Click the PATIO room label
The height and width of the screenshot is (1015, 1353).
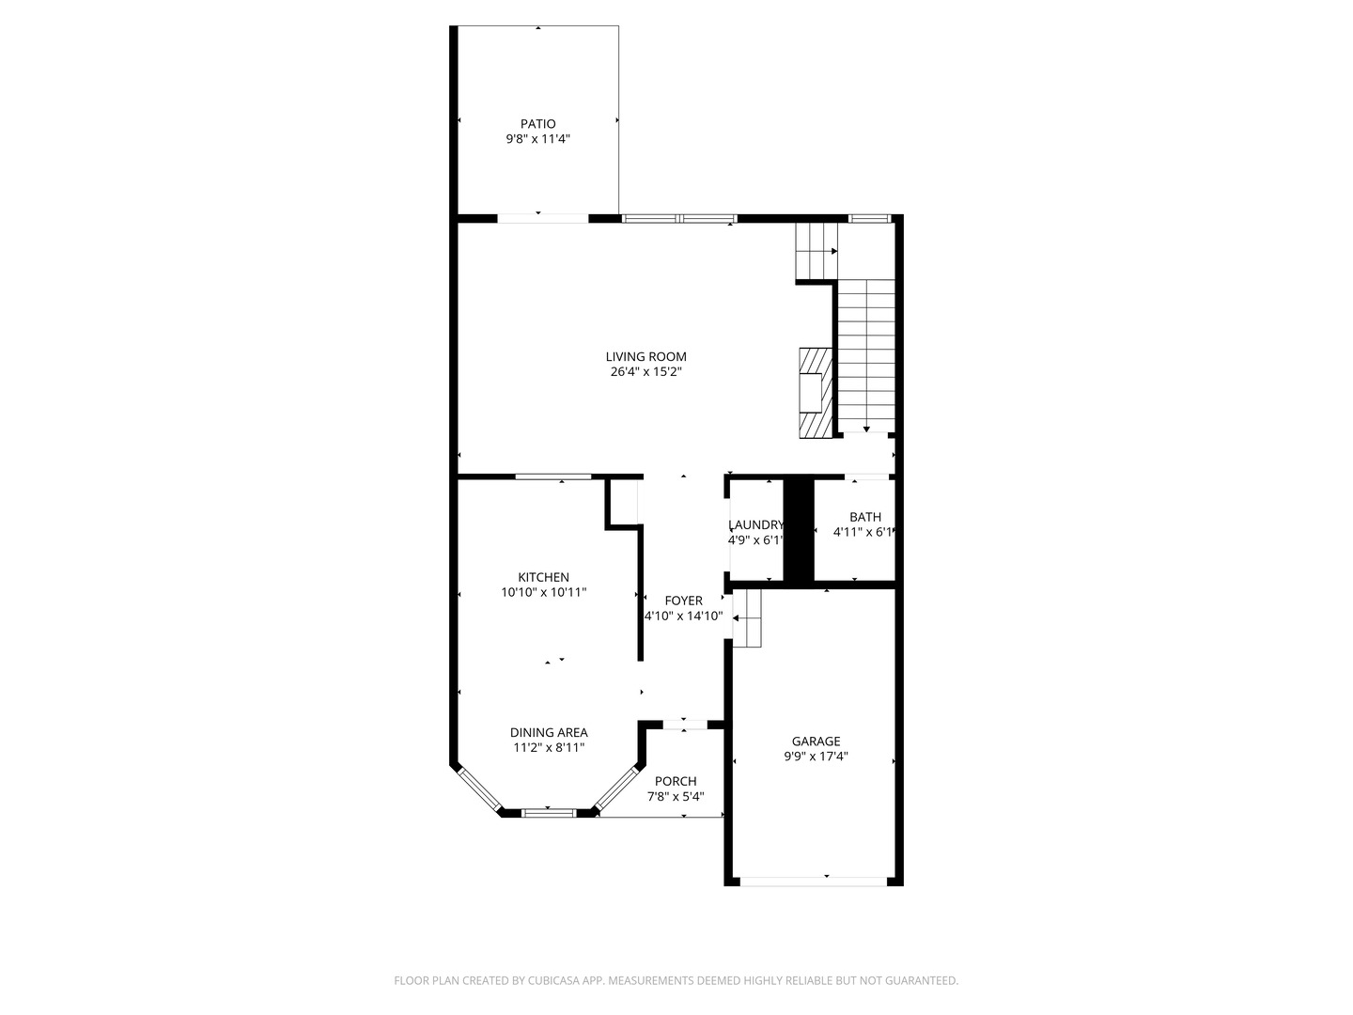coord(537,124)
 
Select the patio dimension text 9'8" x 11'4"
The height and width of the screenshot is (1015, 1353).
coord(537,139)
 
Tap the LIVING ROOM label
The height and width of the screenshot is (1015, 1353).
coord(645,356)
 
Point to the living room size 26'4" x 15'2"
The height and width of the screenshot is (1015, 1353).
coord(645,371)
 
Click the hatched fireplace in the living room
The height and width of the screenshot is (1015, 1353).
coord(815,393)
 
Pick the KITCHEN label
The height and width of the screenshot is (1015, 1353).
coord(543,577)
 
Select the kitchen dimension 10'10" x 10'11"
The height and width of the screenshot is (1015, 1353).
coord(543,592)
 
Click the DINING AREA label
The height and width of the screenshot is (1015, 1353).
coord(549,732)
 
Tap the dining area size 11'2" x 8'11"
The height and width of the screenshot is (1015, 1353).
coord(549,747)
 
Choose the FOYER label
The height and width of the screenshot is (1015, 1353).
coord(683,601)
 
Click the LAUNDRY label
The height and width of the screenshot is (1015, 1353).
coord(755,525)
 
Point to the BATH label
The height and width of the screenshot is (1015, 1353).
coord(865,517)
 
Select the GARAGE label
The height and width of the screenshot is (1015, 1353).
coord(816,741)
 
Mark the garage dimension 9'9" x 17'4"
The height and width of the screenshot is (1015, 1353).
coord(816,756)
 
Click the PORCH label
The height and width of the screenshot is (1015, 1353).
coord(676,781)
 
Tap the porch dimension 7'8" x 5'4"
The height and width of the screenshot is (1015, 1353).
coord(676,796)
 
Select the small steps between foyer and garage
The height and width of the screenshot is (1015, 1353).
coord(747,618)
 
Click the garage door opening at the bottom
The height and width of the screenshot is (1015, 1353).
coord(814,881)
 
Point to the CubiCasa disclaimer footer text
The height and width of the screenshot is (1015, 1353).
coord(676,980)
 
